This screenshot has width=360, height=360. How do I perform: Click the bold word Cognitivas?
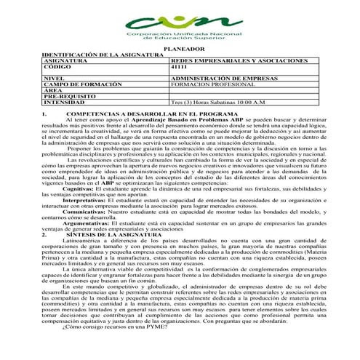click(81, 187)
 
